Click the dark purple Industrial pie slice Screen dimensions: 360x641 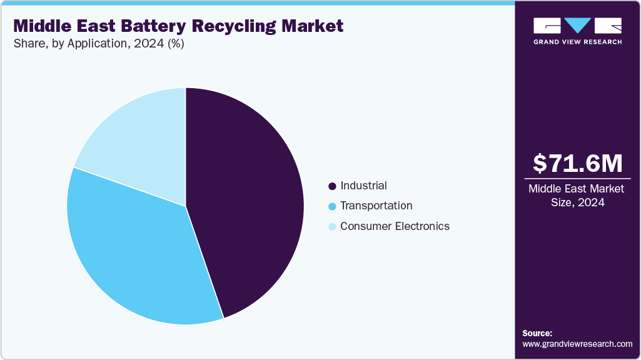(x=247, y=200)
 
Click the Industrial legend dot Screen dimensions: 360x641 (x=332, y=186)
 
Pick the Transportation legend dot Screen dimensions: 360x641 (x=332, y=206)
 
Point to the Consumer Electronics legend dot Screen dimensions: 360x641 (x=332, y=227)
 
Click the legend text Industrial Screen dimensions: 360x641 (x=363, y=186)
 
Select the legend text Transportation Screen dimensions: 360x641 (x=376, y=206)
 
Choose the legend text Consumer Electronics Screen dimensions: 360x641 (x=395, y=226)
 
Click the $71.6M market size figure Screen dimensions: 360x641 (x=577, y=164)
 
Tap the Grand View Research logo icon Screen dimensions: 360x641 (x=577, y=26)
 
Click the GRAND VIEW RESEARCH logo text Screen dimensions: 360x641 (x=577, y=42)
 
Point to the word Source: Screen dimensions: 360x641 (x=537, y=333)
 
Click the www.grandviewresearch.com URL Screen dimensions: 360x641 (x=577, y=344)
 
